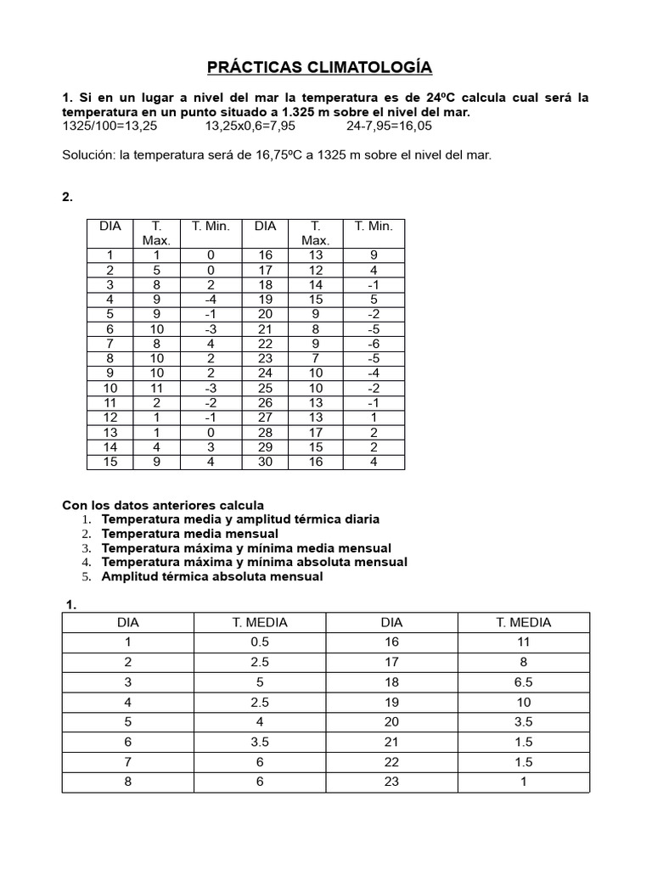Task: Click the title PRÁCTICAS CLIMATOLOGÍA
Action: click(x=325, y=67)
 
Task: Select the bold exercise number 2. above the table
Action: click(x=68, y=197)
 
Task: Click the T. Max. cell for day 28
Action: click(x=315, y=432)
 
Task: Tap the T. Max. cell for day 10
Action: click(x=157, y=389)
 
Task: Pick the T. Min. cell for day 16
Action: click(x=374, y=255)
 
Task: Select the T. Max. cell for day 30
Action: click(x=315, y=462)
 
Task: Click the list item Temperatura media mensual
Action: click(x=189, y=533)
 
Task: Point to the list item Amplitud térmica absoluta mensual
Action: click(x=212, y=576)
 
